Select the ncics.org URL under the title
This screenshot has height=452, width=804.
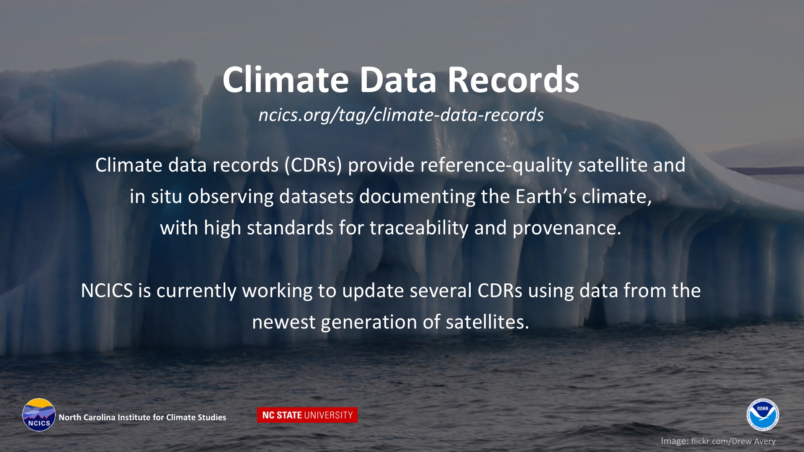coord(401,115)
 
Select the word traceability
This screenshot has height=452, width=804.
coord(419,229)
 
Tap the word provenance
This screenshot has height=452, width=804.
coord(567,229)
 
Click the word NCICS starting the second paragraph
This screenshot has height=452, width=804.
coord(107,290)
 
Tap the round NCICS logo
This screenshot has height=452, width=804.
coord(39,415)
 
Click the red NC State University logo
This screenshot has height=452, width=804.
coord(307,415)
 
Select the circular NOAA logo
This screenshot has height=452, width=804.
coord(763,415)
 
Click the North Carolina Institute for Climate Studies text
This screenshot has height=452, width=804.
coord(142,417)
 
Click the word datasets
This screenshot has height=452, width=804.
coord(317,196)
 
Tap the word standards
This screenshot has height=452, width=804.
coord(290,228)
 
